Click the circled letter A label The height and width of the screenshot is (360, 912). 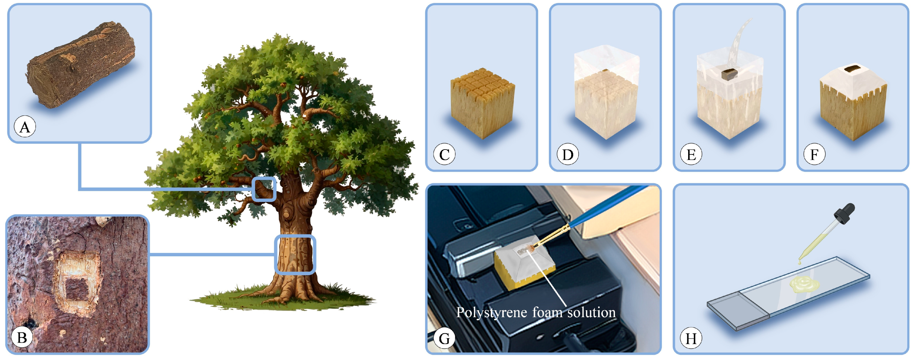[25, 127]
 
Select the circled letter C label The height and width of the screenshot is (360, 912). [444, 154]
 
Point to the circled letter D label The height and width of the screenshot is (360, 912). [568, 154]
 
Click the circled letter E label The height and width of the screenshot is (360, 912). [691, 154]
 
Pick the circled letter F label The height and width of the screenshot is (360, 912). [814, 154]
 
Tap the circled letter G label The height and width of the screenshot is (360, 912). [444, 338]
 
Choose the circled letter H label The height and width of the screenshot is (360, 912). [691, 338]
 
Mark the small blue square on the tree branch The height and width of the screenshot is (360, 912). [264, 189]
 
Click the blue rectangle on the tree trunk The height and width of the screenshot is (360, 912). [295, 254]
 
